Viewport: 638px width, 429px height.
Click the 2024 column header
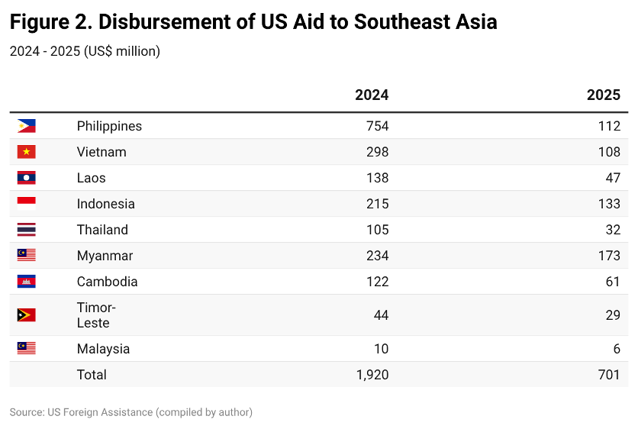pos(372,95)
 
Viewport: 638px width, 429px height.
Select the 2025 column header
pos(603,95)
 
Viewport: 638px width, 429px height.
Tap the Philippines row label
pos(109,126)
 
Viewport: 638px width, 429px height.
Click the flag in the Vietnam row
pos(27,152)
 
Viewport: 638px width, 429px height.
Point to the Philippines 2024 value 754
pos(377,126)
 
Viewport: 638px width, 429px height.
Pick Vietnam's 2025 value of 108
pos(609,152)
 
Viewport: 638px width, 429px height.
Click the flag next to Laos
pos(27,178)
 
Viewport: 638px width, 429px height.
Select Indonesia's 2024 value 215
pos(377,204)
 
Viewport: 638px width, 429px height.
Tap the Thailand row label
pos(102,230)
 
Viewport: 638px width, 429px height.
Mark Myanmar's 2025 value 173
pos(609,256)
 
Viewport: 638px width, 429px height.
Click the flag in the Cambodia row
pos(27,282)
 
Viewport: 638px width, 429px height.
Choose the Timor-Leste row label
pos(96,315)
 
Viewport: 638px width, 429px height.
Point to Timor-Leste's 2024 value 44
pos(381,315)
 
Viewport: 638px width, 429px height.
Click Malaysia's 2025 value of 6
pos(616,349)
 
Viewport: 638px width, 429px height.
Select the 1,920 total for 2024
pos(372,375)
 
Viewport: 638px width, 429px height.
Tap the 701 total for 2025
pos(609,375)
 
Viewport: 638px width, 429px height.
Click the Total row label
pos(92,375)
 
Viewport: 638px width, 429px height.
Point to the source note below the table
pos(130,412)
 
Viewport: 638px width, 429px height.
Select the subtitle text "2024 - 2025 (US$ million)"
pos(85,52)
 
